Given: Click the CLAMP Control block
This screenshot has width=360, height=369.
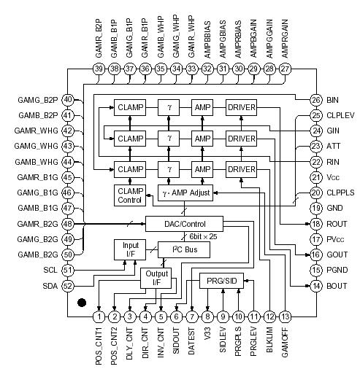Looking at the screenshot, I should tap(130, 195).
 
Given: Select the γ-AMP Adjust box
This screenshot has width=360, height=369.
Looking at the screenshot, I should tap(184, 193).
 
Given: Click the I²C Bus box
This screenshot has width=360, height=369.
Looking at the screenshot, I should tap(183, 249).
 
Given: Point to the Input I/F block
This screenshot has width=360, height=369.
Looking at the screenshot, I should tap(130, 249).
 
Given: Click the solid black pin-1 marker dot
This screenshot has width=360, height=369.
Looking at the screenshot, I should tap(83, 300).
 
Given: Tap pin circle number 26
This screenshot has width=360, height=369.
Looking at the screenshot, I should tap(315, 100).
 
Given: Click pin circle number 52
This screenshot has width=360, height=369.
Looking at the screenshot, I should tap(68, 286).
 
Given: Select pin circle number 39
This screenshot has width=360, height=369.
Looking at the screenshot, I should tap(99, 69).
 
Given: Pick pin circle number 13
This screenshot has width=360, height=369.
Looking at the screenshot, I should tap(285, 316).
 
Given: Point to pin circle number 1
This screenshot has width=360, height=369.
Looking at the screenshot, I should tap(99, 316).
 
